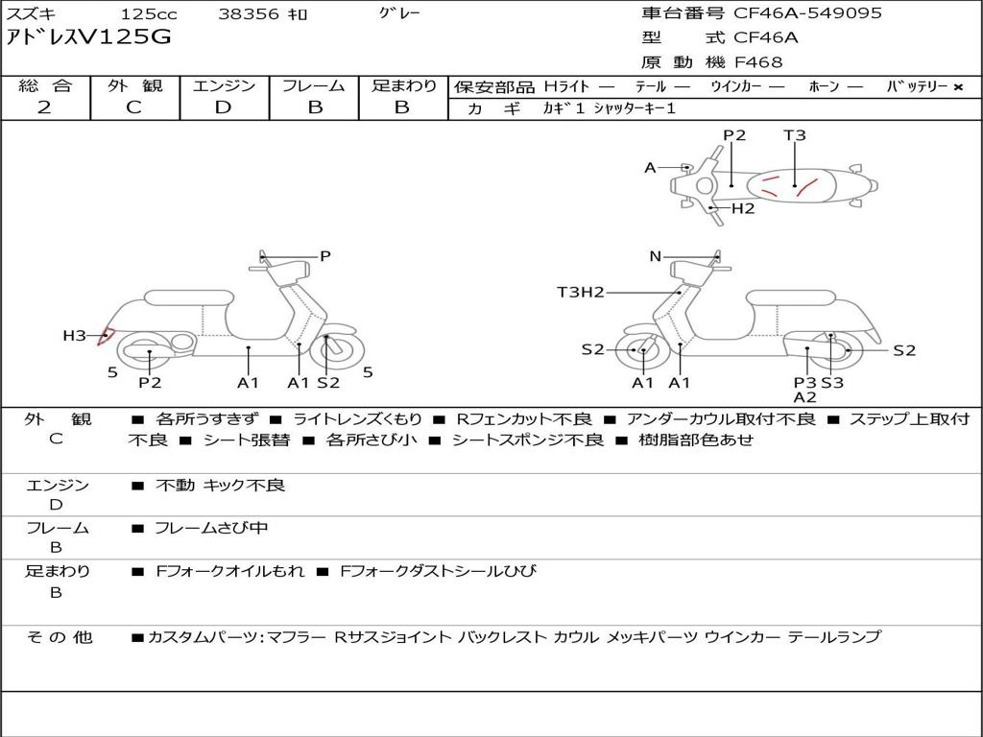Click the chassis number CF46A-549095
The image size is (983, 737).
coord(807,13)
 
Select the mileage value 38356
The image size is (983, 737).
coord(249,14)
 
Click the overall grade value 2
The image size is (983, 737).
coord(44,107)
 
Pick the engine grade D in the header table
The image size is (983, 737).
coord(224,107)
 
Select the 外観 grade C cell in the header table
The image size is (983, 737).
coord(133,107)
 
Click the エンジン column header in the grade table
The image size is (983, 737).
coord(224,85)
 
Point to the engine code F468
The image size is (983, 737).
coord(758,62)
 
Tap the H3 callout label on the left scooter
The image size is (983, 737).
coord(74,336)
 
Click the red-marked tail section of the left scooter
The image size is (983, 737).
coord(107,336)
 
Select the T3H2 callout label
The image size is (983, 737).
coord(580,292)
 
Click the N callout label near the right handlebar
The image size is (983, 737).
coord(655,256)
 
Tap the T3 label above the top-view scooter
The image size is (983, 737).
coord(795,135)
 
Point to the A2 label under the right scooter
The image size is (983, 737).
coord(804,397)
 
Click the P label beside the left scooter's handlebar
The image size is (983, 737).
coord(325,256)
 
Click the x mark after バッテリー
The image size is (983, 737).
coord(957,87)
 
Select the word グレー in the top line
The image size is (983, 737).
coord(399,13)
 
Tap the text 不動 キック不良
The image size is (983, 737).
coord(220,486)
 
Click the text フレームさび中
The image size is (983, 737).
coord(211,528)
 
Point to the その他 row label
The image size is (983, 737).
coord(59,637)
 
